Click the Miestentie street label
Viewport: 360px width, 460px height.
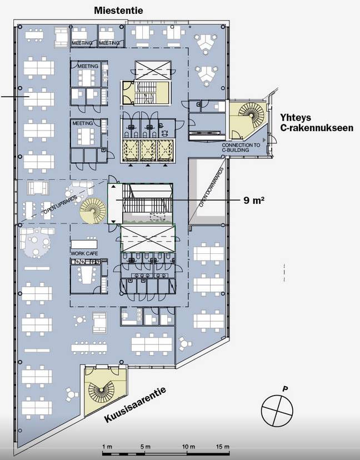point(118,11)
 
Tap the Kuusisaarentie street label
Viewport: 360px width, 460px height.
point(135,404)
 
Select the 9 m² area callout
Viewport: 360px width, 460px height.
point(253,201)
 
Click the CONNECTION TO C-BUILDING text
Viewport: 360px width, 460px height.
point(241,147)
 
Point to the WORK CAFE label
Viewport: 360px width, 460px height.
point(84,253)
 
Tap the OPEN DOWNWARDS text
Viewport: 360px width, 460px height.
point(211,187)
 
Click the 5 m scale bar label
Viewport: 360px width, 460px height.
point(145,447)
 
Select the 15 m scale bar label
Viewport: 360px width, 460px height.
point(223,447)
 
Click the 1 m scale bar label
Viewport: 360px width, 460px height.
point(107,447)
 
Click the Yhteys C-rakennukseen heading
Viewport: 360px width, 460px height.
point(316,123)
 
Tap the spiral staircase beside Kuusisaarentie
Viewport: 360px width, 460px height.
point(102,390)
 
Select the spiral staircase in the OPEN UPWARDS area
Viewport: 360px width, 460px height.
point(93,211)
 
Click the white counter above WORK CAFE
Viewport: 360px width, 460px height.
point(84,244)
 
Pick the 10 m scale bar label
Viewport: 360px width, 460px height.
point(189,447)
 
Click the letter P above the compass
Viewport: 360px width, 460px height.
point(284,389)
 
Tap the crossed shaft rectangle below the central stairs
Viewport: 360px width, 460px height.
point(148,238)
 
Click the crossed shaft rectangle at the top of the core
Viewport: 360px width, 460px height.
point(153,71)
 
